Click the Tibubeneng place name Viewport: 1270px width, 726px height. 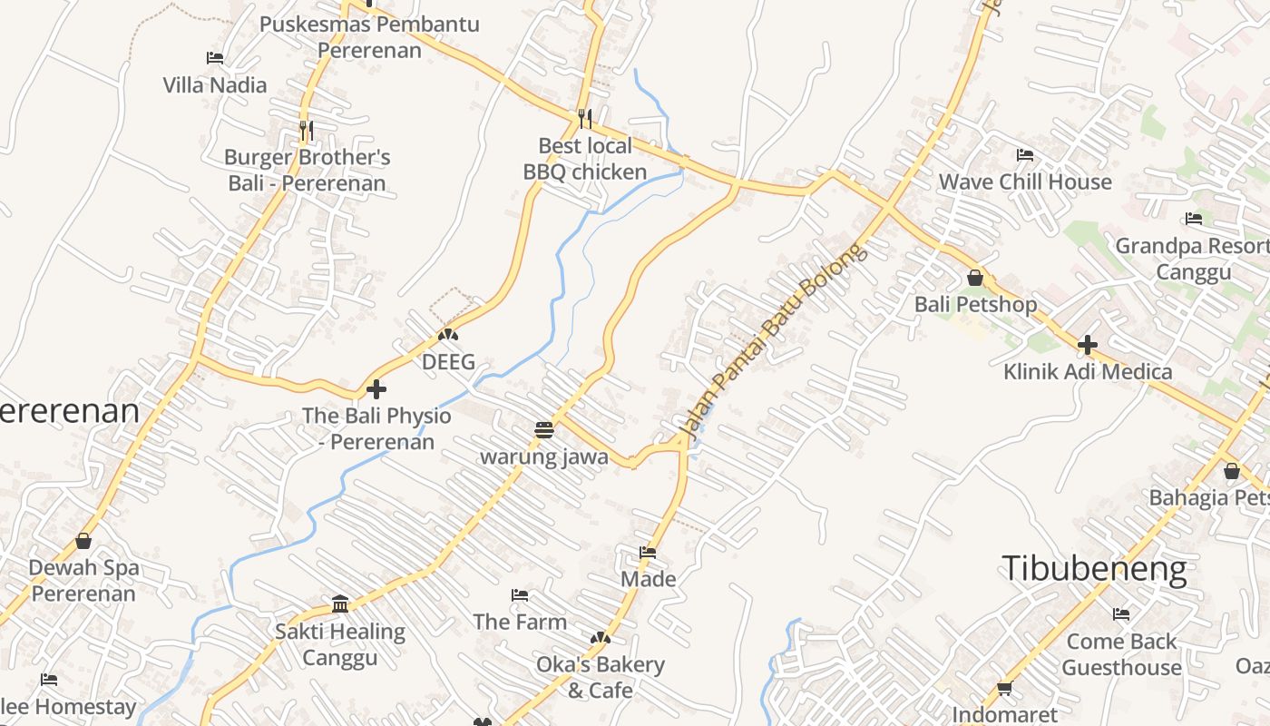[1094, 569]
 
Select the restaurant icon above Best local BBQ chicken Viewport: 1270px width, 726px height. [585, 118]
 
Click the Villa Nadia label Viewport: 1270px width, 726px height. [215, 85]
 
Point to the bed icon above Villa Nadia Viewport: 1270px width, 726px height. [215, 58]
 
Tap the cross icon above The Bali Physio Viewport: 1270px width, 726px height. [376, 390]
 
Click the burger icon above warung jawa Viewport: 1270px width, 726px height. [544, 430]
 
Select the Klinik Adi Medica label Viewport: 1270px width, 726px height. [1088, 371]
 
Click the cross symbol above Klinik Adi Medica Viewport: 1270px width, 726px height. [1088, 345]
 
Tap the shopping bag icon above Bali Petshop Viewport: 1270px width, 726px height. [975, 278]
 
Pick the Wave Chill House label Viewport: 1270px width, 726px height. [1025, 181]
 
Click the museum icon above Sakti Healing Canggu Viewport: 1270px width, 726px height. [340, 604]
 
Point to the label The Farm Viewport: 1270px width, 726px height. [520, 622]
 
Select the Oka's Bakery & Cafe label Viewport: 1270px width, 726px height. [601, 677]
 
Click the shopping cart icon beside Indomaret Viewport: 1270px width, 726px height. [1004, 690]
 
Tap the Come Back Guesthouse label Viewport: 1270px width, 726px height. [1121, 654]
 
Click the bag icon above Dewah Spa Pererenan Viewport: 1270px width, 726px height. [83, 542]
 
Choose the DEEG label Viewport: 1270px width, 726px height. [448, 362]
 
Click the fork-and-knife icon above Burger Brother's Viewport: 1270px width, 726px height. [307, 131]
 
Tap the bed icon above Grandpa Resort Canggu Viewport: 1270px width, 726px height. [1194, 219]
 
